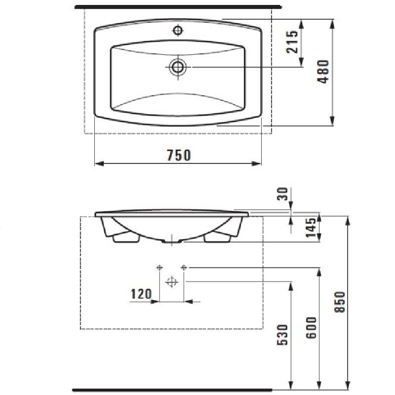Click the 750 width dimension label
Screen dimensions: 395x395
[x=179, y=155]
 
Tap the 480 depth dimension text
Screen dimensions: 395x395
[x=323, y=72]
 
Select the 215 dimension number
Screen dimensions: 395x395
[x=293, y=41]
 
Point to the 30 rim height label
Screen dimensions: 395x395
[x=282, y=194]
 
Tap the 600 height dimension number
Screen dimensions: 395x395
[x=312, y=327]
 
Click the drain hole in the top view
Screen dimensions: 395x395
[x=178, y=67]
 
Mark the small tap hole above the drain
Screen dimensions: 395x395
[x=178, y=31]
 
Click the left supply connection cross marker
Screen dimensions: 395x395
[x=159, y=267]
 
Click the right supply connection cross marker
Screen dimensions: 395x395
[x=184, y=267]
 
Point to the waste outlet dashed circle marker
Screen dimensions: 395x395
[x=171, y=282]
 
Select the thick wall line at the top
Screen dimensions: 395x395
[x=178, y=7]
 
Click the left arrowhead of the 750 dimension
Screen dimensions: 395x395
[x=97, y=163]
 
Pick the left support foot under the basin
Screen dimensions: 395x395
[x=125, y=238]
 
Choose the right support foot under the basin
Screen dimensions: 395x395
[x=218, y=238]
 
